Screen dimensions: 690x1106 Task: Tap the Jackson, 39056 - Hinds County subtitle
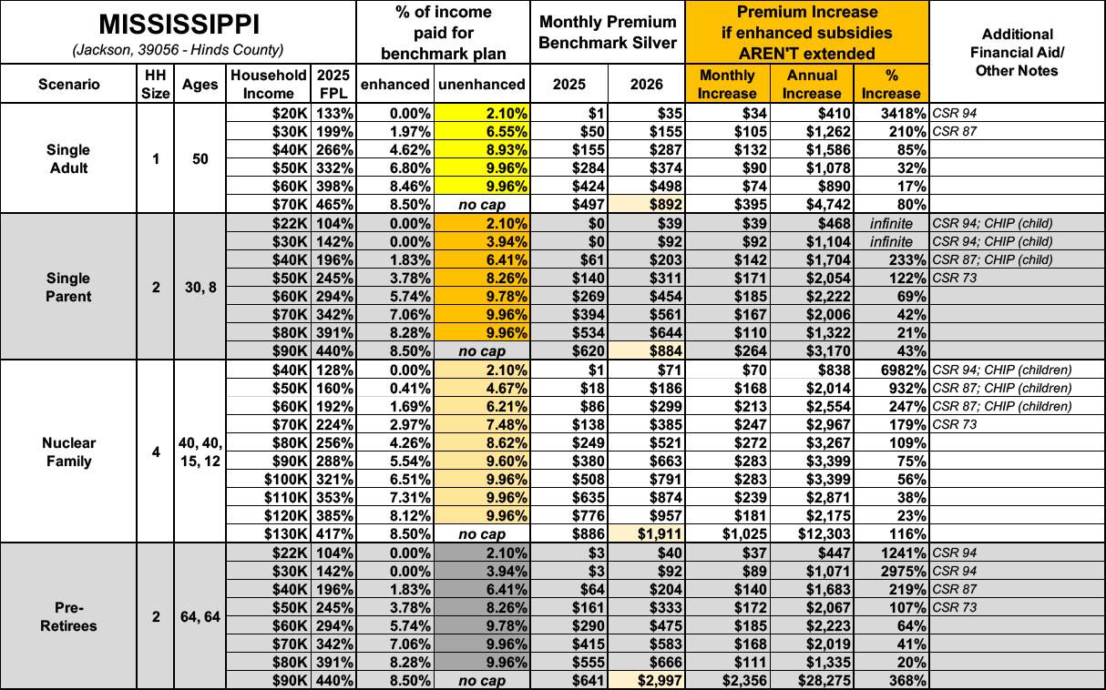click(178, 48)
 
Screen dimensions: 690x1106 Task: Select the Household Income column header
click(268, 85)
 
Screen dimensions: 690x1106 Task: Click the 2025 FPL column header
click(333, 85)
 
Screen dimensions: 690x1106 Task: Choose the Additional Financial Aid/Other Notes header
click(1018, 52)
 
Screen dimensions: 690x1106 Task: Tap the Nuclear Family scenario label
click(69, 452)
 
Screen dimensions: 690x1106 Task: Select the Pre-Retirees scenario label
click(69, 616)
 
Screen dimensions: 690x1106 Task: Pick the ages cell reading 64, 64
click(200, 616)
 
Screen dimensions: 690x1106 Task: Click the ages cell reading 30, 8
click(200, 288)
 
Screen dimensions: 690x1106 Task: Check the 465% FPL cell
click(333, 205)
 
